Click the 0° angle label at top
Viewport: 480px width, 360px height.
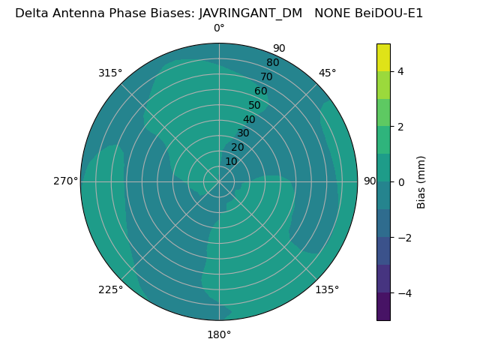point(219,28)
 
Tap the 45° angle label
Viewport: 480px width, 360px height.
point(327,73)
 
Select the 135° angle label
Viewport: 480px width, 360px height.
point(327,289)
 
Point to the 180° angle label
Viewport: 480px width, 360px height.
point(219,334)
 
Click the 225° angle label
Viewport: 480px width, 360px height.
point(110,289)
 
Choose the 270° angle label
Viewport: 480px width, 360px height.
point(65,181)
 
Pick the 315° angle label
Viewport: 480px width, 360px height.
point(110,73)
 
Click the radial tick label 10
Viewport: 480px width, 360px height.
point(231,161)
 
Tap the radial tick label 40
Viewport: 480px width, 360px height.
point(249,119)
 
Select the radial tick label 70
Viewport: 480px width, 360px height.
point(266,76)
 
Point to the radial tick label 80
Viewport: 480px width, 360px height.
point(272,62)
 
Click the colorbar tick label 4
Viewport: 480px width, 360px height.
point(400,71)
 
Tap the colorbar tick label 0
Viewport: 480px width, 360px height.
point(400,181)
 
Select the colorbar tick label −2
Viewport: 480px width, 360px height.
point(403,237)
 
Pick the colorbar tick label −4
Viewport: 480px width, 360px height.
point(403,292)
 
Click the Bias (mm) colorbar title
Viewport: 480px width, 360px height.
point(421,181)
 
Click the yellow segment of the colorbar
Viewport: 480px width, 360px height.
point(383,57)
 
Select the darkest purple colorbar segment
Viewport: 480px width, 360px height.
point(383,306)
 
